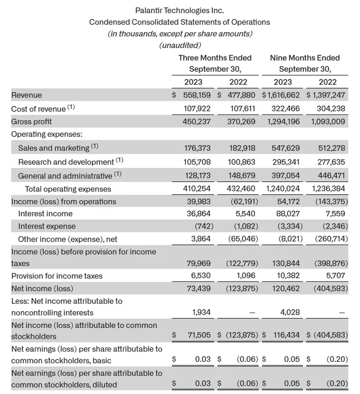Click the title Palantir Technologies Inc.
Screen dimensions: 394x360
pyautogui.click(x=180, y=10)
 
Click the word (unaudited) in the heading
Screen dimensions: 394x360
pyautogui.click(x=180, y=45)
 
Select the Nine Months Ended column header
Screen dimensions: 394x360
pyautogui.click(x=305, y=57)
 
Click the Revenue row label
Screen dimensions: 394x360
pyautogui.click(x=27, y=95)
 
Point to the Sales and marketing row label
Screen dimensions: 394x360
pyautogui.click(x=54, y=148)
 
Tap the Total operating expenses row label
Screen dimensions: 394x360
pyautogui.click(x=68, y=189)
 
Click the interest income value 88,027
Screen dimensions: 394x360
pyautogui.click(x=288, y=213)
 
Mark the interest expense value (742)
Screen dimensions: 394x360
pyautogui.click(x=200, y=226)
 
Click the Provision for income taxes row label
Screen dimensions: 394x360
pyautogui.click(x=57, y=276)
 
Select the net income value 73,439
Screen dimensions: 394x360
pyautogui.click(x=198, y=288)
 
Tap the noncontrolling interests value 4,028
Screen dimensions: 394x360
pyautogui.click(x=290, y=312)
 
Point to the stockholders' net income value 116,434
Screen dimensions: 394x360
pyautogui.click(x=285, y=336)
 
